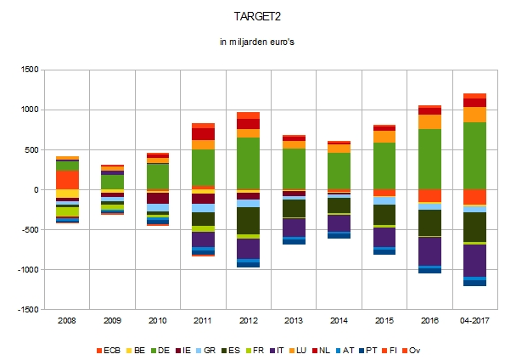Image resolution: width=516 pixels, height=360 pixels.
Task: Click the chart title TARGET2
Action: click(x=257, y=16)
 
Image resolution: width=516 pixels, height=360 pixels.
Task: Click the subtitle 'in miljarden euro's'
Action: click(x=257, y=42)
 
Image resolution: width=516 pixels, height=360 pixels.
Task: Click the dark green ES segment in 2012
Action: click(x=248, y=220)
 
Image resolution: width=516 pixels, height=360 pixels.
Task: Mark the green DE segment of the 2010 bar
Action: click(x=158, y=176)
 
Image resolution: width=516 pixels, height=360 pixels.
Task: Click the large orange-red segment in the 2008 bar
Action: click(x=67, y=180)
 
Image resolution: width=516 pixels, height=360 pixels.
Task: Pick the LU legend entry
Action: click(x=321, y=349)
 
